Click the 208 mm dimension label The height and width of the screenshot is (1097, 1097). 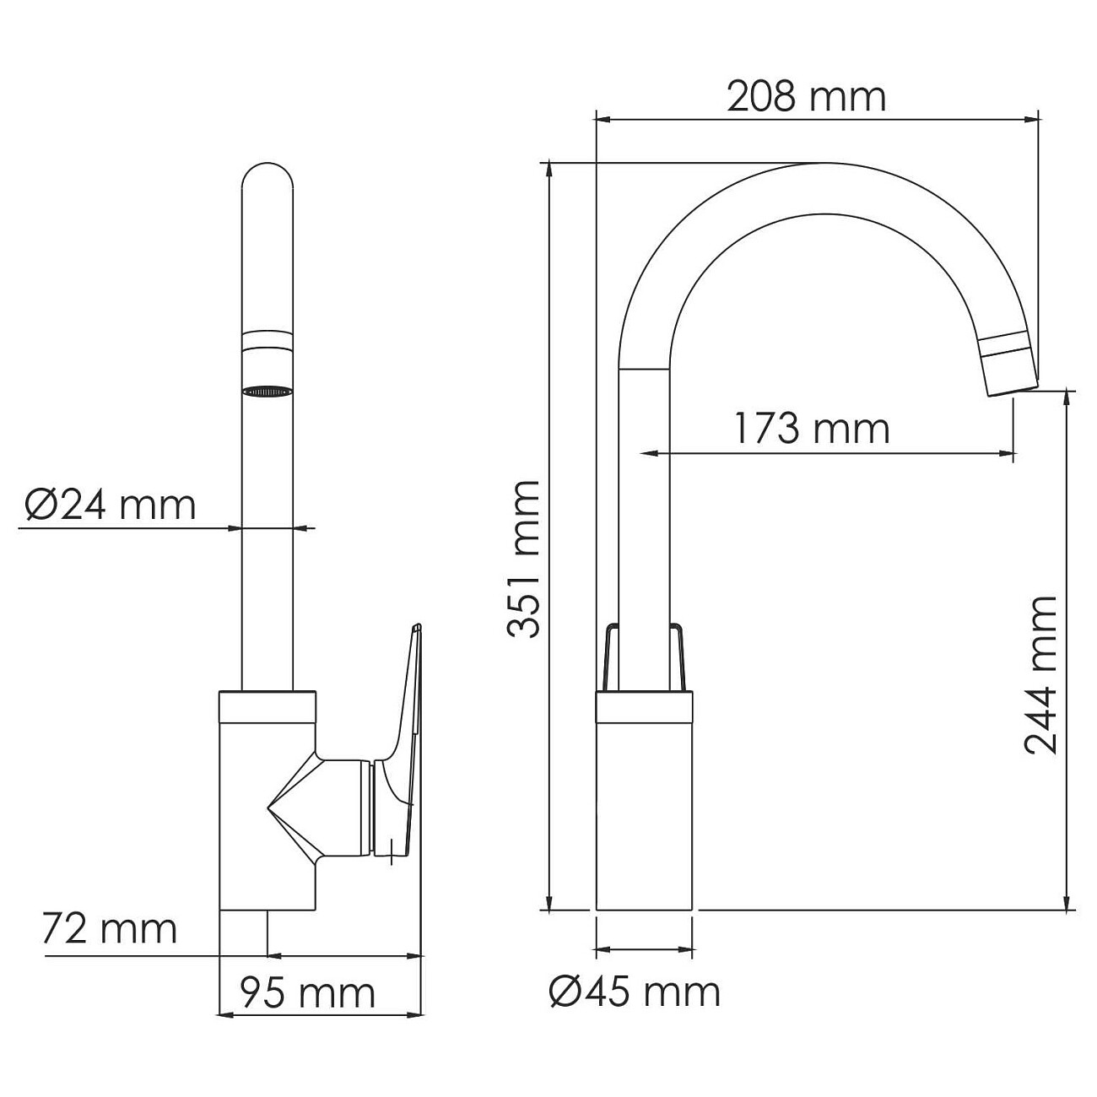pos(806,97)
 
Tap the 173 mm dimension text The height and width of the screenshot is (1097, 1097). pos(811,429)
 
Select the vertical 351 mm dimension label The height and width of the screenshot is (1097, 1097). pos(523,559)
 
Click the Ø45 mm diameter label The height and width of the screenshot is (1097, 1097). pos(635,992)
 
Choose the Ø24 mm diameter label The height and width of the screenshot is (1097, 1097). pos(111,505)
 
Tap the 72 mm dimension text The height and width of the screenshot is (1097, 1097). pos(109,929)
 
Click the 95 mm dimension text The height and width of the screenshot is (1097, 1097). pos(307,993)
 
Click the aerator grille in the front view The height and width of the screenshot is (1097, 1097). pos(267,392)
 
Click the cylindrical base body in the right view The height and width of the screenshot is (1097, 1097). pos(644,810)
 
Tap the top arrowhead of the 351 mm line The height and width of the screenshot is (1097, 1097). pos(549,168)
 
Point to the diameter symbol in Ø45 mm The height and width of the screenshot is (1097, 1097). pos(565,992)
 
